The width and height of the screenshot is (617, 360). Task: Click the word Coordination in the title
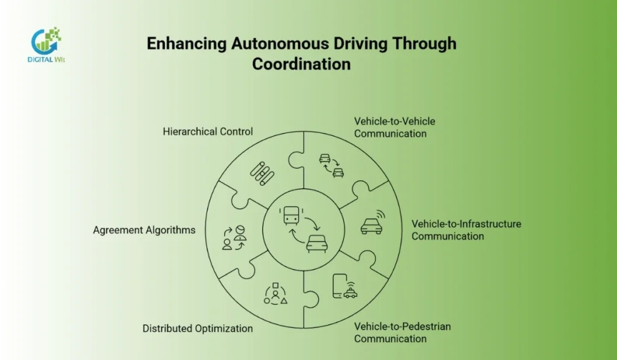(x=301, y=63)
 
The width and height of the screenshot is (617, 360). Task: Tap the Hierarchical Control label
(x=208, y=131)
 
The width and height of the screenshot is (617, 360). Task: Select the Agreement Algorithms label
(x=144, y=230)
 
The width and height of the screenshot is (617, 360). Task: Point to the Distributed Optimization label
(x=198, y=329)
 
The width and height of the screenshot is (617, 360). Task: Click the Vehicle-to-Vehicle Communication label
(x=395, y=127)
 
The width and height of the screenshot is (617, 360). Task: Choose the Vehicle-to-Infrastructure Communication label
(x=466, y=230)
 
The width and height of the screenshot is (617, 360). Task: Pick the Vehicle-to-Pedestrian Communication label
(x=402, y=332)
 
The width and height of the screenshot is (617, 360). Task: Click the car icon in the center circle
(x=317, y=244)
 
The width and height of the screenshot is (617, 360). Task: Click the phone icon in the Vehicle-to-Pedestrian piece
(x=339, y=286)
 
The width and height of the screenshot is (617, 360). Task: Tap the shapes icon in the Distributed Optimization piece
(x=275, y=294)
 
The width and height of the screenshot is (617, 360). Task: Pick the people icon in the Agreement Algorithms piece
(x=234, y=237)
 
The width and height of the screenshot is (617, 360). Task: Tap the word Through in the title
(x=424, y=44)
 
